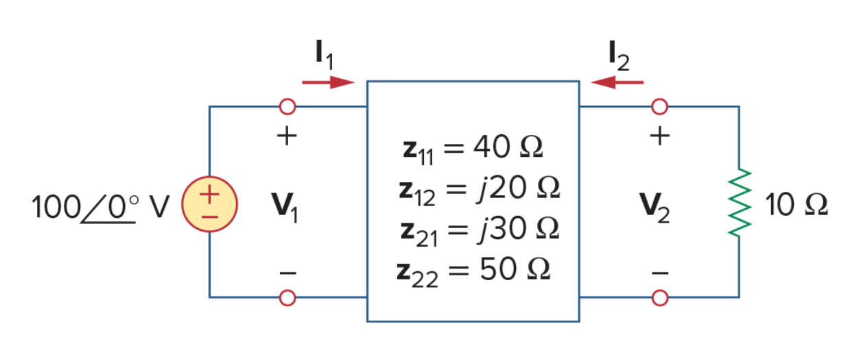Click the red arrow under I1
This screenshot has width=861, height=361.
[328, 82]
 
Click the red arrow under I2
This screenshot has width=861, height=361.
[617, 82]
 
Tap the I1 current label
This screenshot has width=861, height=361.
[324, 55]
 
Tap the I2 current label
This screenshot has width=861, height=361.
[619, 55]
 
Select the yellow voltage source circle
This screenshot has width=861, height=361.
[209, 204]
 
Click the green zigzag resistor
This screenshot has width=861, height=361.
[739, 203]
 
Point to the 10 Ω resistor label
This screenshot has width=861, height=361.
[797, 205]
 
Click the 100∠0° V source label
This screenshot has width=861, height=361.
[100, 207]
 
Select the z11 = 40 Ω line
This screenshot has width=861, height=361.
[473, 149]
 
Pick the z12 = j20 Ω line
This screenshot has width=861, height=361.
[480, 190]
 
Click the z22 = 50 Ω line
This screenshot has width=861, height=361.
[473, 272]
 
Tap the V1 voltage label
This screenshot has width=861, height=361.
[285, 208]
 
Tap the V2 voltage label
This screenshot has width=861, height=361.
[654, 208]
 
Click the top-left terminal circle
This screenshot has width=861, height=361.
[287, 106]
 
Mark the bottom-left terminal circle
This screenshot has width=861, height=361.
[287, 298]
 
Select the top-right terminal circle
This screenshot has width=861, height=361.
[659, 106]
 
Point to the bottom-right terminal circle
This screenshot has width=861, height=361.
[660, 298]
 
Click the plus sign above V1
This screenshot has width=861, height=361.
[287, 136]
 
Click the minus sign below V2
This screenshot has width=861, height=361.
[661, 273]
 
